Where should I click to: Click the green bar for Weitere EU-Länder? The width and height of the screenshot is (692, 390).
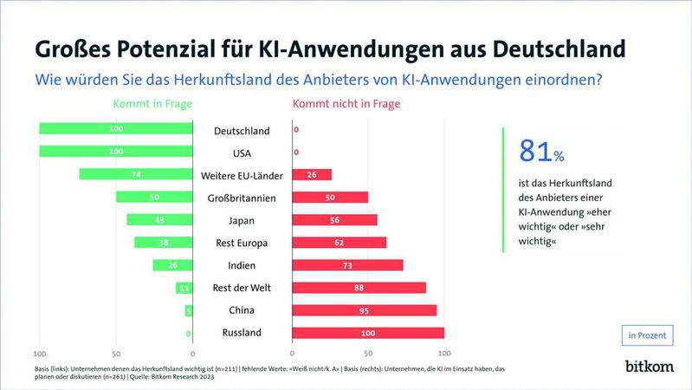[x=135, y=174]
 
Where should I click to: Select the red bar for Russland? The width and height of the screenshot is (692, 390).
[x=367, y=333]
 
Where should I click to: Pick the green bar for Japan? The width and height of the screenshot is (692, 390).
[x=159, y=219]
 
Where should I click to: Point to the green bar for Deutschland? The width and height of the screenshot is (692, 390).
[x=115, y=129]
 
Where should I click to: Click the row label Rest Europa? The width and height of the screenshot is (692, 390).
[x=242, y=243]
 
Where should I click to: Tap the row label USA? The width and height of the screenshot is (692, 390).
[x=242, y=153]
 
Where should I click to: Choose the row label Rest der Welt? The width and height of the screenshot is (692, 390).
[x=242, y=288]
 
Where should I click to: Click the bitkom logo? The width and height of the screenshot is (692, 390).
[x=649, y=367]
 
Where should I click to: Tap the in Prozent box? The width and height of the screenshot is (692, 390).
[x=648, y=335]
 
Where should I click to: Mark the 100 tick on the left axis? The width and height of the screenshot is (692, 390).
[x=39, y=354]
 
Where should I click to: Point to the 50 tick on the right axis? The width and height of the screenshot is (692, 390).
[x=368, y=354]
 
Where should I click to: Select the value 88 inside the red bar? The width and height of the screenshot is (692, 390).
[x=357, y=288]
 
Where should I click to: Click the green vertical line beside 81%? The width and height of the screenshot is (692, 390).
[x=502, y=190]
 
